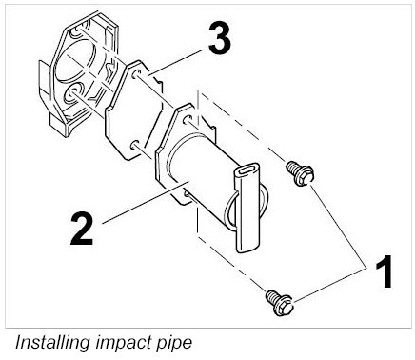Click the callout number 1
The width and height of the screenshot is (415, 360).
(384, 271)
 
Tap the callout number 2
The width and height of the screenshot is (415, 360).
(82, 229)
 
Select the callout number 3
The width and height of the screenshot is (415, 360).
(220, 38)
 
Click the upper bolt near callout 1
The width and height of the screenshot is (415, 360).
(300, 172)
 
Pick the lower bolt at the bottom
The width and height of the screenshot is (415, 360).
(279, 302)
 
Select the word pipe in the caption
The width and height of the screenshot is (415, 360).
(174, 344)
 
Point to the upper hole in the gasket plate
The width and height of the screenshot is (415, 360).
(136, 74)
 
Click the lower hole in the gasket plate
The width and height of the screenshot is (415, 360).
(134, 145)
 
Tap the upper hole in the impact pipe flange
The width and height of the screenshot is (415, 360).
(188, 120)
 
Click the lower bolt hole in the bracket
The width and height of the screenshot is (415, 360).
(72, 93)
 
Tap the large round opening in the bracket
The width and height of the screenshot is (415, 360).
(76, 60)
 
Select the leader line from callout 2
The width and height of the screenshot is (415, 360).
(146, 202)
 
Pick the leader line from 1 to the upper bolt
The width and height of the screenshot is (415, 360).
(338, 227)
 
